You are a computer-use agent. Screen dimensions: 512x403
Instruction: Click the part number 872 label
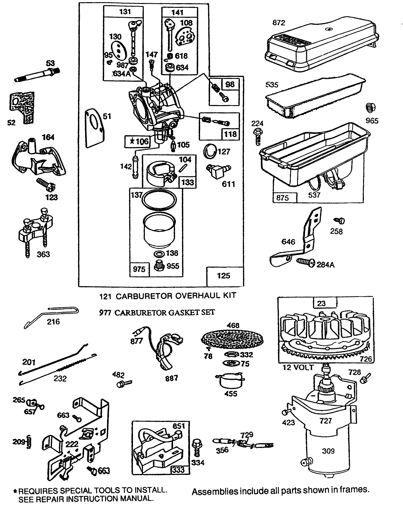pos(279,23)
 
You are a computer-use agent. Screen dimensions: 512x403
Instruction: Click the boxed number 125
pos(223,276)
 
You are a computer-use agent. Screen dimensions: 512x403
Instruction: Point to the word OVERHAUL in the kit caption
pos(186,296)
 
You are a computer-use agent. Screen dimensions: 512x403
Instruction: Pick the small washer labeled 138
pos(159,253)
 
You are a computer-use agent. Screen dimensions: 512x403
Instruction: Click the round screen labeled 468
pos(232,339)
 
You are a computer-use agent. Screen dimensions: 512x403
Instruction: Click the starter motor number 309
pos(328,451)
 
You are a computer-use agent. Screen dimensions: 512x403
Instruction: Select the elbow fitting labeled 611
pos(218,171)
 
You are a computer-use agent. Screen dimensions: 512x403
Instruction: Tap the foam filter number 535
pos(272,85)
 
